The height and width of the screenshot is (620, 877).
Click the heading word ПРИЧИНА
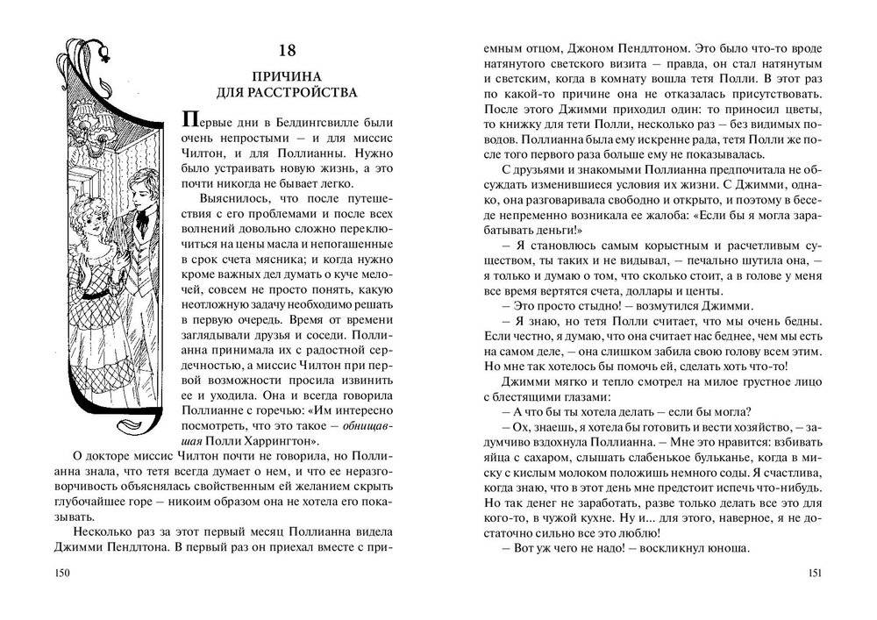coord(285,75)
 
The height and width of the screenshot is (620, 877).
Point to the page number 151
coord(814,573)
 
